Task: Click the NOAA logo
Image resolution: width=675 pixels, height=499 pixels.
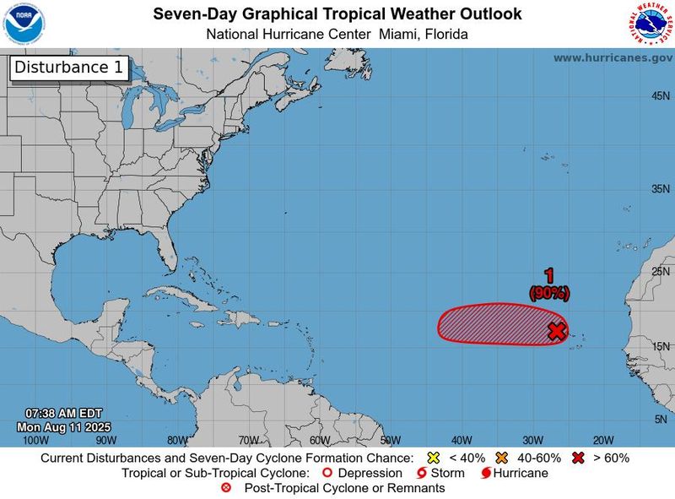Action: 24,23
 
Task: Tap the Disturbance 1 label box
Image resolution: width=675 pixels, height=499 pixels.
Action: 68,68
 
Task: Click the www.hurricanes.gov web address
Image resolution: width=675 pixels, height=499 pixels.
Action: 611,57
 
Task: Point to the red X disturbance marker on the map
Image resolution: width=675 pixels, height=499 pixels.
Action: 556,331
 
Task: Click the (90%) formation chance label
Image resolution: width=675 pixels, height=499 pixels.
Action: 549,293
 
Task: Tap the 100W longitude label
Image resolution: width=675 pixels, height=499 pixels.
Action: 35,440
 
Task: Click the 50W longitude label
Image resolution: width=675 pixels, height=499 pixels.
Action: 390,440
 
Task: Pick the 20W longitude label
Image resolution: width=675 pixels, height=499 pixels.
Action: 602,440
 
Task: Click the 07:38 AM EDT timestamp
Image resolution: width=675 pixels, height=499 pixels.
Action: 64,414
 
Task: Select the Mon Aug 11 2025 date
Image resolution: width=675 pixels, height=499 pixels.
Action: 64,426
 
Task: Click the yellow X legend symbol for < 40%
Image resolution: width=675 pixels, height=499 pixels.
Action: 434,458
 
